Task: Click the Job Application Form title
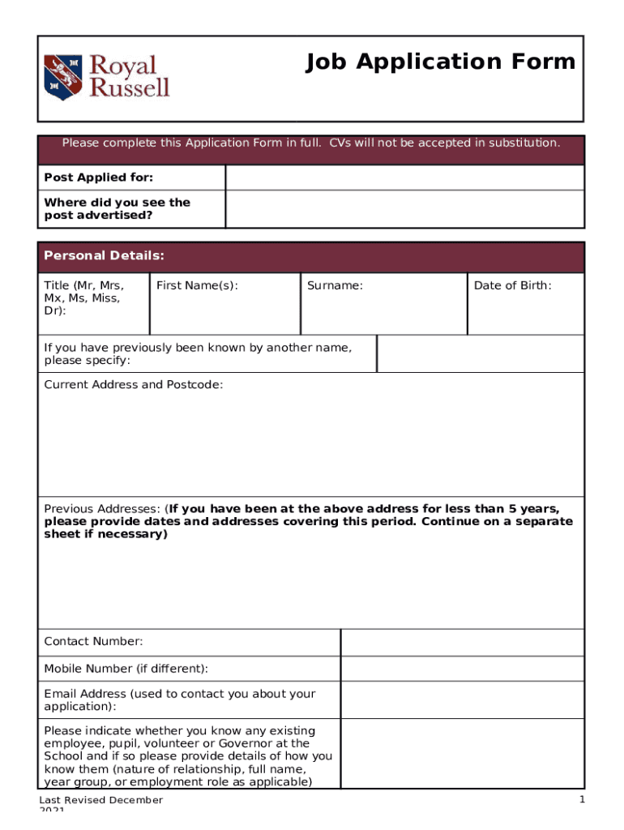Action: click(440, 62)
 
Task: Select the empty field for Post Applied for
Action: click(404, 178)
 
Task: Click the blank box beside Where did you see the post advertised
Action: click(404, 209)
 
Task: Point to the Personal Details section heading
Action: click(104, 256)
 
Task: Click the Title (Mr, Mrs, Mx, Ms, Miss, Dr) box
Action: click(93, 303)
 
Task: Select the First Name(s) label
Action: click(197, 285)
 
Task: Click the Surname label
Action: click(334, 285)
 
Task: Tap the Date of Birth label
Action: click(512, 285)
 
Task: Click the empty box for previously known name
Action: click(480, 353)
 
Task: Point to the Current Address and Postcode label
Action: click(133, 384)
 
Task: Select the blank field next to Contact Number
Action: click(461, 642)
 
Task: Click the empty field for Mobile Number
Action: click(461, 669)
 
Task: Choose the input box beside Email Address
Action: click(461, 700)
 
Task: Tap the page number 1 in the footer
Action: click(581, 801)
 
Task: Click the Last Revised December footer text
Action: click(101, 801)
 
